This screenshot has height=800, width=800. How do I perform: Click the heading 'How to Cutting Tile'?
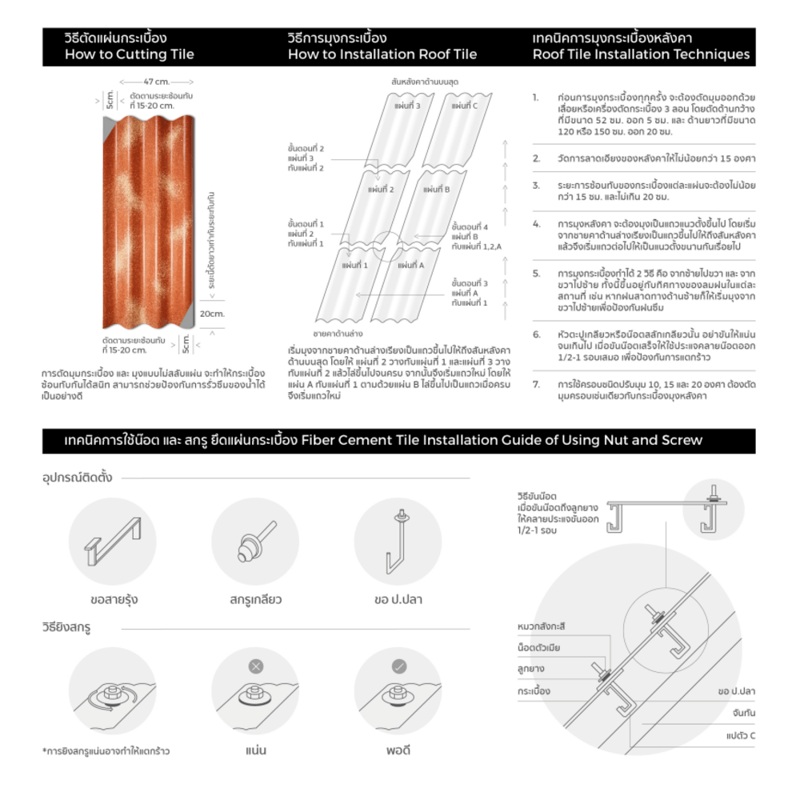pyautogui.click(x=130, y=55)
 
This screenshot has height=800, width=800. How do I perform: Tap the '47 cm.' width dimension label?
pyautogui.click(x=156, y=82)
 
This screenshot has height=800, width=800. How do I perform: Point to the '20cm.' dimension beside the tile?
pyautogui.click(x=212, y=314)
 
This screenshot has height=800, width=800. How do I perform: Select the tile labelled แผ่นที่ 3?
pyautogui.click(x=406, y=106)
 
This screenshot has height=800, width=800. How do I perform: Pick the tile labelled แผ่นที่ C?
pyautogui.click(x=464, y=106)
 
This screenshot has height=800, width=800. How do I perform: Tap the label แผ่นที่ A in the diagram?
pyautogui.click(x=410, y=266)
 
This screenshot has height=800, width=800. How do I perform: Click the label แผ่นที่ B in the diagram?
pyautogui.click(x=437, y=190)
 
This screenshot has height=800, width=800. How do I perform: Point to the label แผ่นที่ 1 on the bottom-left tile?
pyautogui.click(x=354, y=265)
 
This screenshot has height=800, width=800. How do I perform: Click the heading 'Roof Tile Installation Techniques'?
pyautogui.click(x=641, y=55)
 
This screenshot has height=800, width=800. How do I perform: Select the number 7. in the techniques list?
pyautogui.click(x=536, y=385)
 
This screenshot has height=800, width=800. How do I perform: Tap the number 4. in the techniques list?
pyautogui.click(x=536, y=224)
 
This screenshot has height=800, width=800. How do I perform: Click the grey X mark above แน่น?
pyautogui.click(x=255, y=666)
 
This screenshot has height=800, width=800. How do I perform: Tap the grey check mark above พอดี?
pyautogui.click(x=398, y=666)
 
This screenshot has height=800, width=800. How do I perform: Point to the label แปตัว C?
pyautogui.click(x=741, y=734)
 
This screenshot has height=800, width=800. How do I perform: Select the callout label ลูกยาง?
pyautogui.click(x=531, y=668)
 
